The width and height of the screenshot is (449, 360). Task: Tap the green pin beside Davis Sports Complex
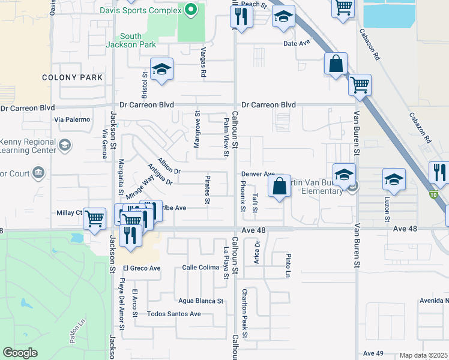190,10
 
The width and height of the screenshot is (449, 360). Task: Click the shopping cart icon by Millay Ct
95,220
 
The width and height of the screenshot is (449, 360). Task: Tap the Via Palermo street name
71,120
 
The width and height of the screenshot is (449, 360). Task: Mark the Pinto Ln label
288,265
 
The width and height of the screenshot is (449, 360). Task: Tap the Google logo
20,353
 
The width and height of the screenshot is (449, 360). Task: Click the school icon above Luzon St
394,179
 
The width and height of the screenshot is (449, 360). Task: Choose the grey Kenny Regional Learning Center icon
64,145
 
